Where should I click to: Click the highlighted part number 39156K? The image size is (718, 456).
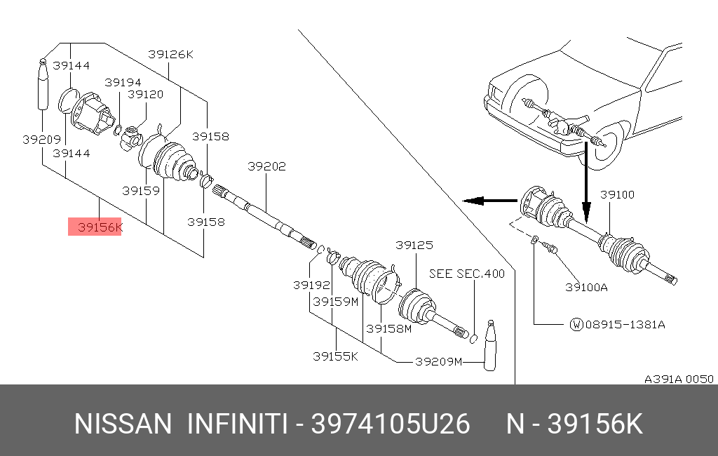(x=95, y=227)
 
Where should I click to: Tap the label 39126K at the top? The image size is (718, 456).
(x=170, y=53)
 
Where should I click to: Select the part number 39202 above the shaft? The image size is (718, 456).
(x=266, y=166)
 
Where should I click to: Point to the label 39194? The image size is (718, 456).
(x=123, y=82)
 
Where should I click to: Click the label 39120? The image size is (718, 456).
(x=145, y=94)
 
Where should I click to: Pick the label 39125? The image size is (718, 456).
(x=414, y=245)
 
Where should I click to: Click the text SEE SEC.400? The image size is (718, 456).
(x=466, y=274)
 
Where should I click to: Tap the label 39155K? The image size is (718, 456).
(x=335, y=356)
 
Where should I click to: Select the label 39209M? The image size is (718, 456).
(x=439, y=362)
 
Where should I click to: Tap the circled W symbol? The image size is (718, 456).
(x=576, y=325)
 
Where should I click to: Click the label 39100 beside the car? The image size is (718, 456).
(x=617, y=194)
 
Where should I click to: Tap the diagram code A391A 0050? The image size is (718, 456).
(x=679, y=379)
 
